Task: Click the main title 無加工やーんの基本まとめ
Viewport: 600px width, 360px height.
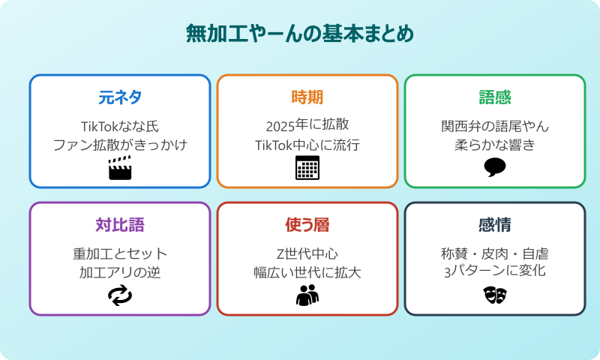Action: click(x=300, y=34)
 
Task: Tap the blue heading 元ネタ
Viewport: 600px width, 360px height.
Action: click(x=120, y=97)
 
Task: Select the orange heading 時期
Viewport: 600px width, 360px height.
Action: click(x=307, y=97)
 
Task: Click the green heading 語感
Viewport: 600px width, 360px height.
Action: click(x=495, y=97)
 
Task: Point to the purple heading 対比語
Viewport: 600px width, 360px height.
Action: click(x=120, y=225)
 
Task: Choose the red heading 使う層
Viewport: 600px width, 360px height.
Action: click(x=307, y=225)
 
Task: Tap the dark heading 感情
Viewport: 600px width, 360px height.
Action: click(x=495, y=225)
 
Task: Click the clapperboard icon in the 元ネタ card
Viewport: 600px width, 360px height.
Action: click(x=120, y=168)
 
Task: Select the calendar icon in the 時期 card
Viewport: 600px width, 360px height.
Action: click(x=307, y=168)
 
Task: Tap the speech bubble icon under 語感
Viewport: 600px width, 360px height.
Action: click(x=495, y=167)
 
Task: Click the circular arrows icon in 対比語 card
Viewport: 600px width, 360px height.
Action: click(x=120, y=295)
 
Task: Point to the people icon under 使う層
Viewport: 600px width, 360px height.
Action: click(x=307, y=295)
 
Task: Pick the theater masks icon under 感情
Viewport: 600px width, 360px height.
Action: click(x=495, y=295)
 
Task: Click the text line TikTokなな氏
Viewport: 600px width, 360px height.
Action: click(x=120, y=125)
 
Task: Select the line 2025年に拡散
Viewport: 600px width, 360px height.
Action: click(x=307, y=125)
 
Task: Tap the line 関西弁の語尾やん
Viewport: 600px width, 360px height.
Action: click(x=495, y=125)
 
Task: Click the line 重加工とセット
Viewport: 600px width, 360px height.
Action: click(x=120, y=253)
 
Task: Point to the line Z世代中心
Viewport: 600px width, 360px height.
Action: click(x=307, y=253)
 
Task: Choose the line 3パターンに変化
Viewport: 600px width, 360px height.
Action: click(x=495, y=271)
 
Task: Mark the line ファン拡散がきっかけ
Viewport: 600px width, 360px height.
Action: click(x=120, y=144)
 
